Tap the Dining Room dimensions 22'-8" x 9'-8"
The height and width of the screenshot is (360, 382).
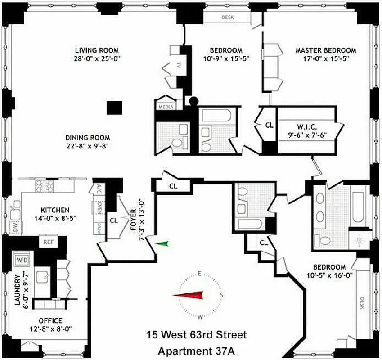87,145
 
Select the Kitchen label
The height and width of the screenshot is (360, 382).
55,210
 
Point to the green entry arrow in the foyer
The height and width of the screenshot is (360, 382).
162,244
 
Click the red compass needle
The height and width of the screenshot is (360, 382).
188,295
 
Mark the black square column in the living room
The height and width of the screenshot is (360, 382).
114,108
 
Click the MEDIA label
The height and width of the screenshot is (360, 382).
165,107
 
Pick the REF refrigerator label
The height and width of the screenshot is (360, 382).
49,242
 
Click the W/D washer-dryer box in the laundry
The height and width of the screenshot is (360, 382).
22,260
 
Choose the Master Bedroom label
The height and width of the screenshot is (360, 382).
325,50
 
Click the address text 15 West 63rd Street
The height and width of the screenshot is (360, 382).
197,335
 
